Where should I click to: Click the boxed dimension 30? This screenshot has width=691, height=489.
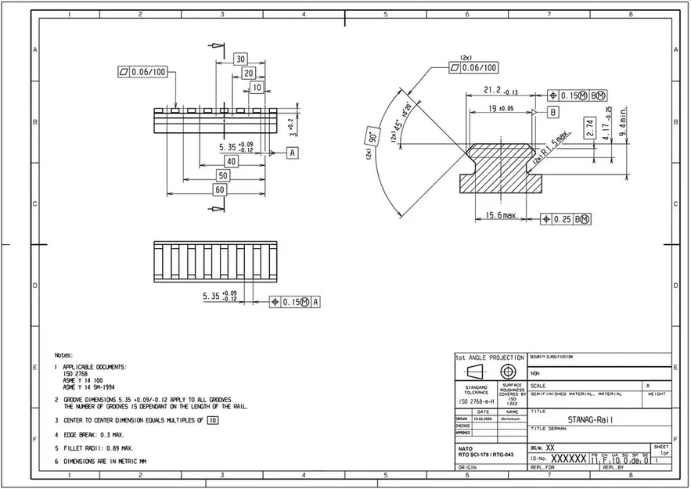pyautogui.click(x=240, y=59)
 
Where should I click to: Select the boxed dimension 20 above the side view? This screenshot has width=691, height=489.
pyautogui.click(x=249, y=73)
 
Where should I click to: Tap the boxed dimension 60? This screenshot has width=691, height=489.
pyautogui.click(x=221, y=189)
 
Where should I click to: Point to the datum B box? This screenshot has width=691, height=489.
pyautogui.click(x=553, y=113)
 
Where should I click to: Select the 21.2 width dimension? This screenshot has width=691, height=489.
pyautogui.click(x=495, y=90)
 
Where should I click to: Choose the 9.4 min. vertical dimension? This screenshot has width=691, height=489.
pyautogui.click(x=623, y=121)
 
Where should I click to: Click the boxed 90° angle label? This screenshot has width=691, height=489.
pyautogui.click(x=368, y=139)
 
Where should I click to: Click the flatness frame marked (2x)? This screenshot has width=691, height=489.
pyautogui.click(x=474, y=68)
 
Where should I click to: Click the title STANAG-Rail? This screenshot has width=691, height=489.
pyautogui.click(x=591, y=419)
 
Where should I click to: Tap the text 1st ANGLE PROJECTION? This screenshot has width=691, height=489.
pyautogui.click(x=489, y=358)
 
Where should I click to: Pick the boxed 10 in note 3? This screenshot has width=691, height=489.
pyautogui.click(x=212, y=420)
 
